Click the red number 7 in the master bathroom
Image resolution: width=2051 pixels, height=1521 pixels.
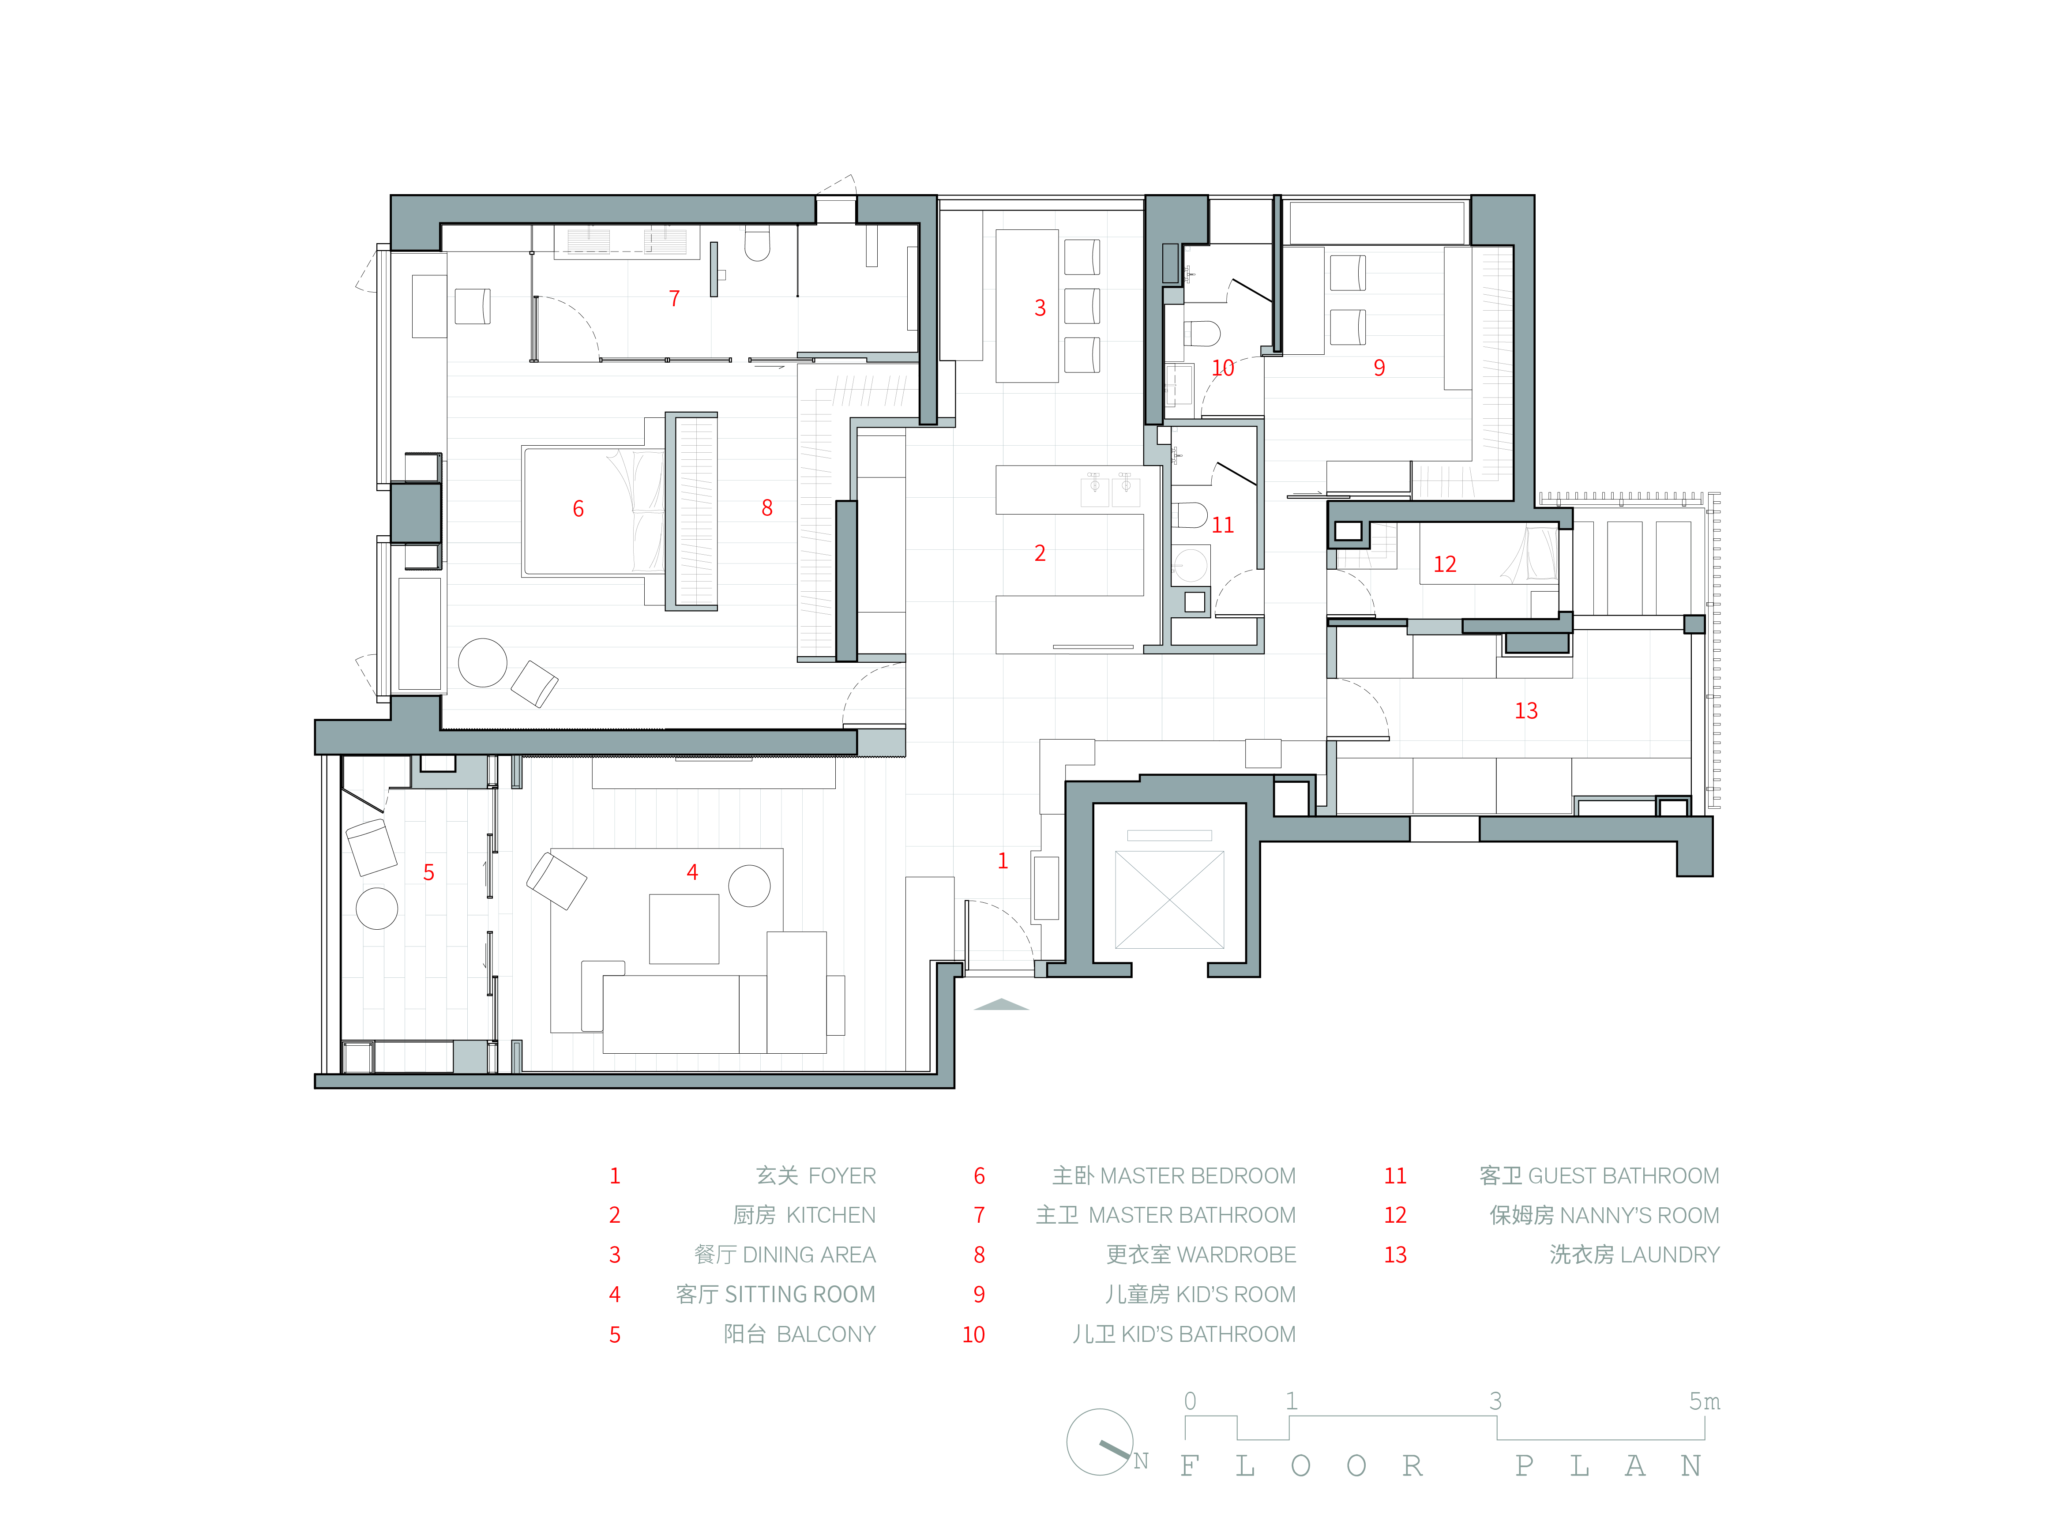(674, 298)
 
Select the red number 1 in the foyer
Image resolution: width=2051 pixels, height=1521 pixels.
(1003, 861)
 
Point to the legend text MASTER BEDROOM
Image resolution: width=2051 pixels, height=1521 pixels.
(1198, 1176)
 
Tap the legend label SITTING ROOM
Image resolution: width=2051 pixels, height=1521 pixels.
(800, 1295)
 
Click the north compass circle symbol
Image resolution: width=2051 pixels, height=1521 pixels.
(1100, 1442)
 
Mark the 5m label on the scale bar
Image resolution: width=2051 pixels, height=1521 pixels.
(1704, 1401)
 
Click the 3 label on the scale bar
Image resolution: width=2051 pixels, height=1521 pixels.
(1496, 1401)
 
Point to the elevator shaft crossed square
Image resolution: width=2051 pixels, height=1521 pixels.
(1169, 900)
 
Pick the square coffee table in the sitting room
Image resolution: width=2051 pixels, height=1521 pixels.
(684, 928)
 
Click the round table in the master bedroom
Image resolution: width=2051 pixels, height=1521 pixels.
(482, 662)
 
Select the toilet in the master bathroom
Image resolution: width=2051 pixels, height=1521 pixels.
(757, 245)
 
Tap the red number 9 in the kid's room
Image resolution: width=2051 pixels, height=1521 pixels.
(1379, 368)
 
